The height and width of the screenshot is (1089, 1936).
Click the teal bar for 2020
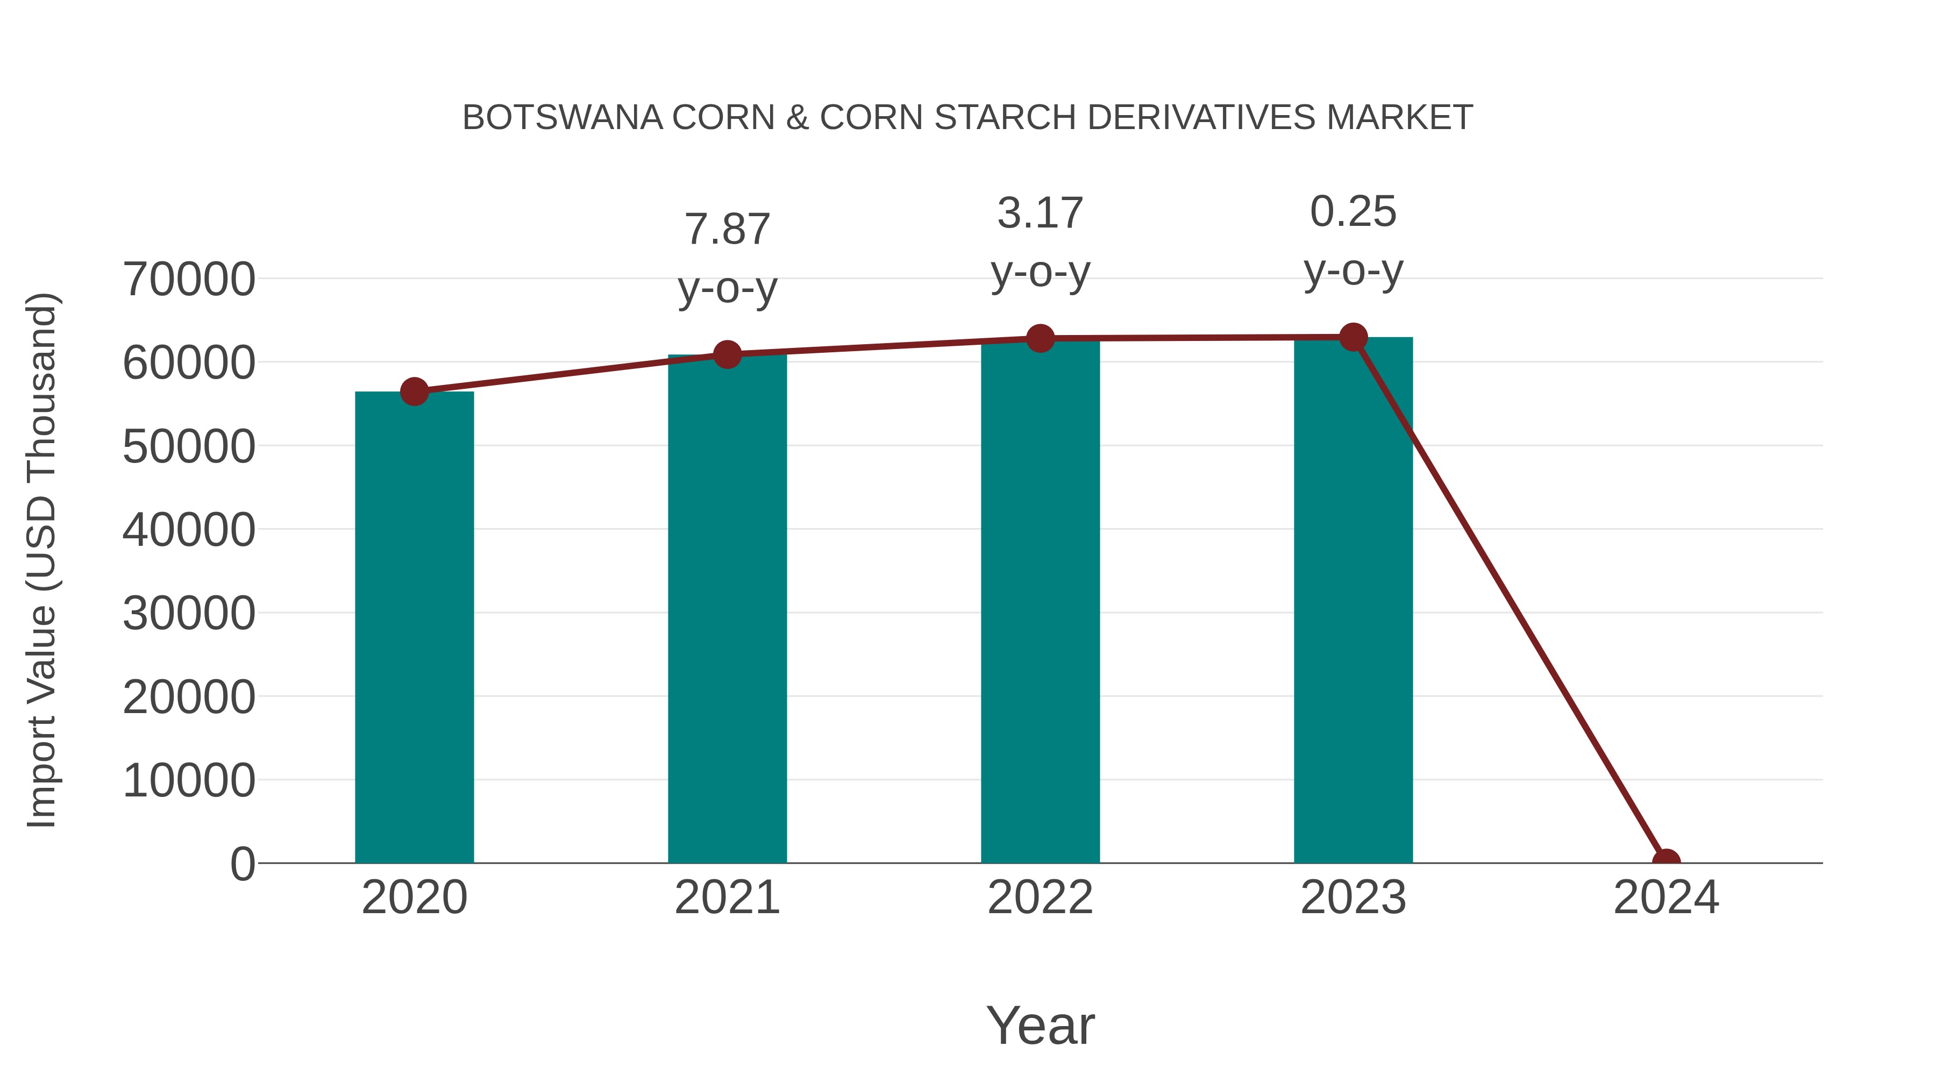pos(414,627)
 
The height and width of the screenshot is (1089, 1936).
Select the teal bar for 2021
pos(727,609)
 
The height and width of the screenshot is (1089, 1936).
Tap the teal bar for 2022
pos(1040,601)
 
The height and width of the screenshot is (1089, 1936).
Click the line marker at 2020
pos(414,392)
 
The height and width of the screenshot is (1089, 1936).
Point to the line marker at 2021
pos(727,355)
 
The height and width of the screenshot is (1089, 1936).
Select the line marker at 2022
pos(1040,339)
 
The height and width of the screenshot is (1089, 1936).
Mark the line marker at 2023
pos(1353,337)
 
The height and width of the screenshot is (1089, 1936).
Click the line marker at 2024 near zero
pos(1665,862)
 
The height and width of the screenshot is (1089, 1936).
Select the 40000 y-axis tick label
pos(189,529)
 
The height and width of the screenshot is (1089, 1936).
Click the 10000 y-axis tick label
pos(189,780)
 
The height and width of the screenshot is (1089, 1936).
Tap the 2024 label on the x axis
pos(1665,898)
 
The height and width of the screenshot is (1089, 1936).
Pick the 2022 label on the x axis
pos(1040,898)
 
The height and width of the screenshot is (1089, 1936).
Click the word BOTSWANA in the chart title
pos(562,118)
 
